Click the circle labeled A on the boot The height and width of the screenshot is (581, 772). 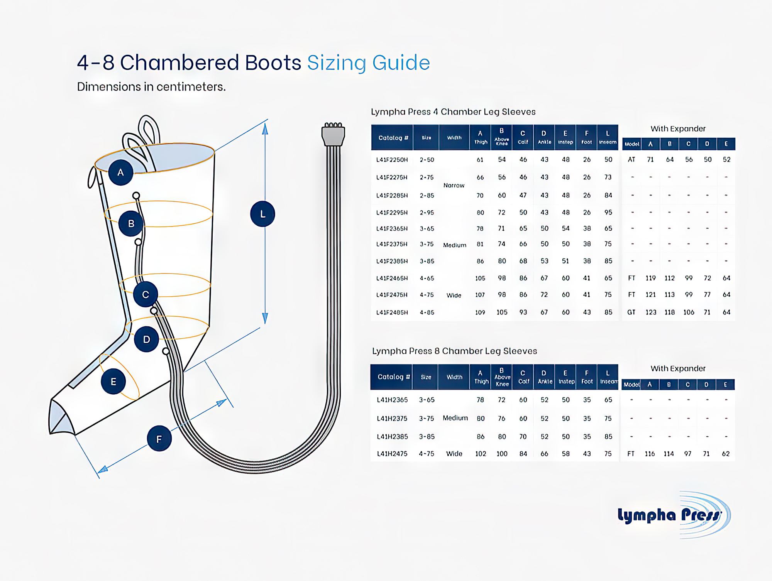[x=120, y=172]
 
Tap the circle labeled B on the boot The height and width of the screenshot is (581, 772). [x=131, y=223]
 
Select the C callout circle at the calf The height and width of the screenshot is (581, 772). [x=146, y=294]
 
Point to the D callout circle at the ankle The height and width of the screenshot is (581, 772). [x=146, y=339]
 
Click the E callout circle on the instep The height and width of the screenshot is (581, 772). [x=113, y=382]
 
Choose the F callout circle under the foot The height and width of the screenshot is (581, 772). [x=159, y=439]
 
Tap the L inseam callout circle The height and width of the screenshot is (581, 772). [x=262, y=214]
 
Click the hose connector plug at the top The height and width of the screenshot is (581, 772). [x=333, y=135]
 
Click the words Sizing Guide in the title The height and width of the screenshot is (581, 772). [x=368, y=62]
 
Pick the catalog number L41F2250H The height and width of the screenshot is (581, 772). [x=392, y=160]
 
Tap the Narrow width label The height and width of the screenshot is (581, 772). [x=454, y=186]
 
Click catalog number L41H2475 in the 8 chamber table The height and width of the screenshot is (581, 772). [x=392, y=454]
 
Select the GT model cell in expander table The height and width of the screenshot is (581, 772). [x=631, y=312]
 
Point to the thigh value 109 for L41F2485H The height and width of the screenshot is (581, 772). [x=480, y=312]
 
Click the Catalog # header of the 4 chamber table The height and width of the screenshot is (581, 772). [x=393, y=138]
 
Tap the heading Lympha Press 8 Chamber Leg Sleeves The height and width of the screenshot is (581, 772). [x=454, y=351]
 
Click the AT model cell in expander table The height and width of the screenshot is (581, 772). [x=631, y=159]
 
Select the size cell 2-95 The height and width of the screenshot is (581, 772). [x=427, y=213]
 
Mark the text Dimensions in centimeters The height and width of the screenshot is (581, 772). [x=151, y=87]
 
